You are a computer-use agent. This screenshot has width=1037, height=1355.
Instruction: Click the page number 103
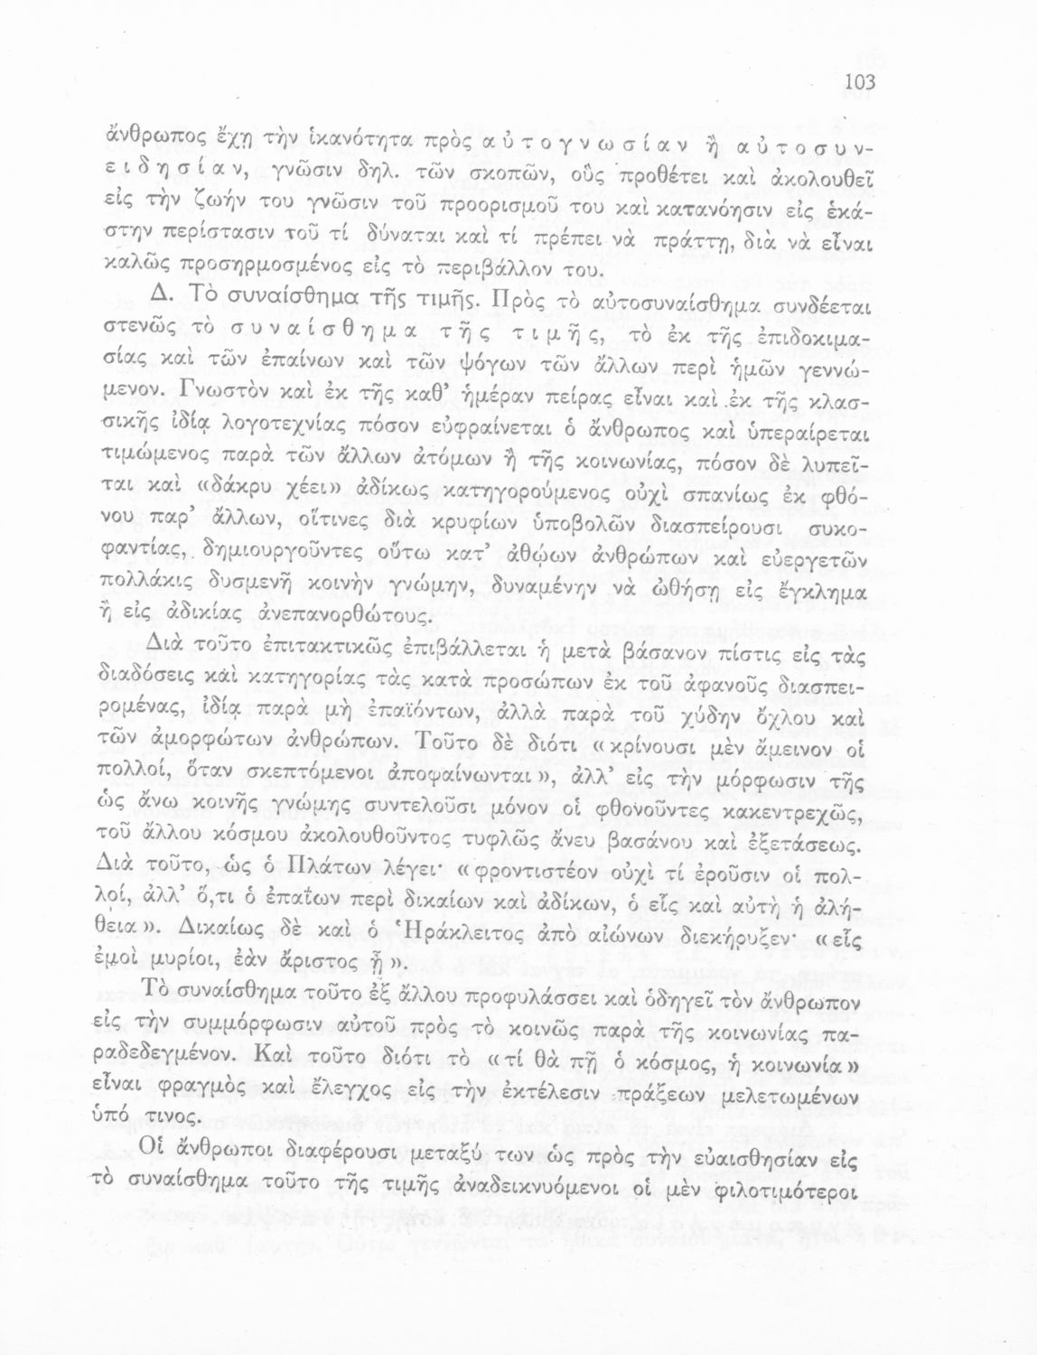point(859,83)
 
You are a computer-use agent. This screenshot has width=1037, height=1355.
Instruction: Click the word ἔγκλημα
point(830,593)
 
